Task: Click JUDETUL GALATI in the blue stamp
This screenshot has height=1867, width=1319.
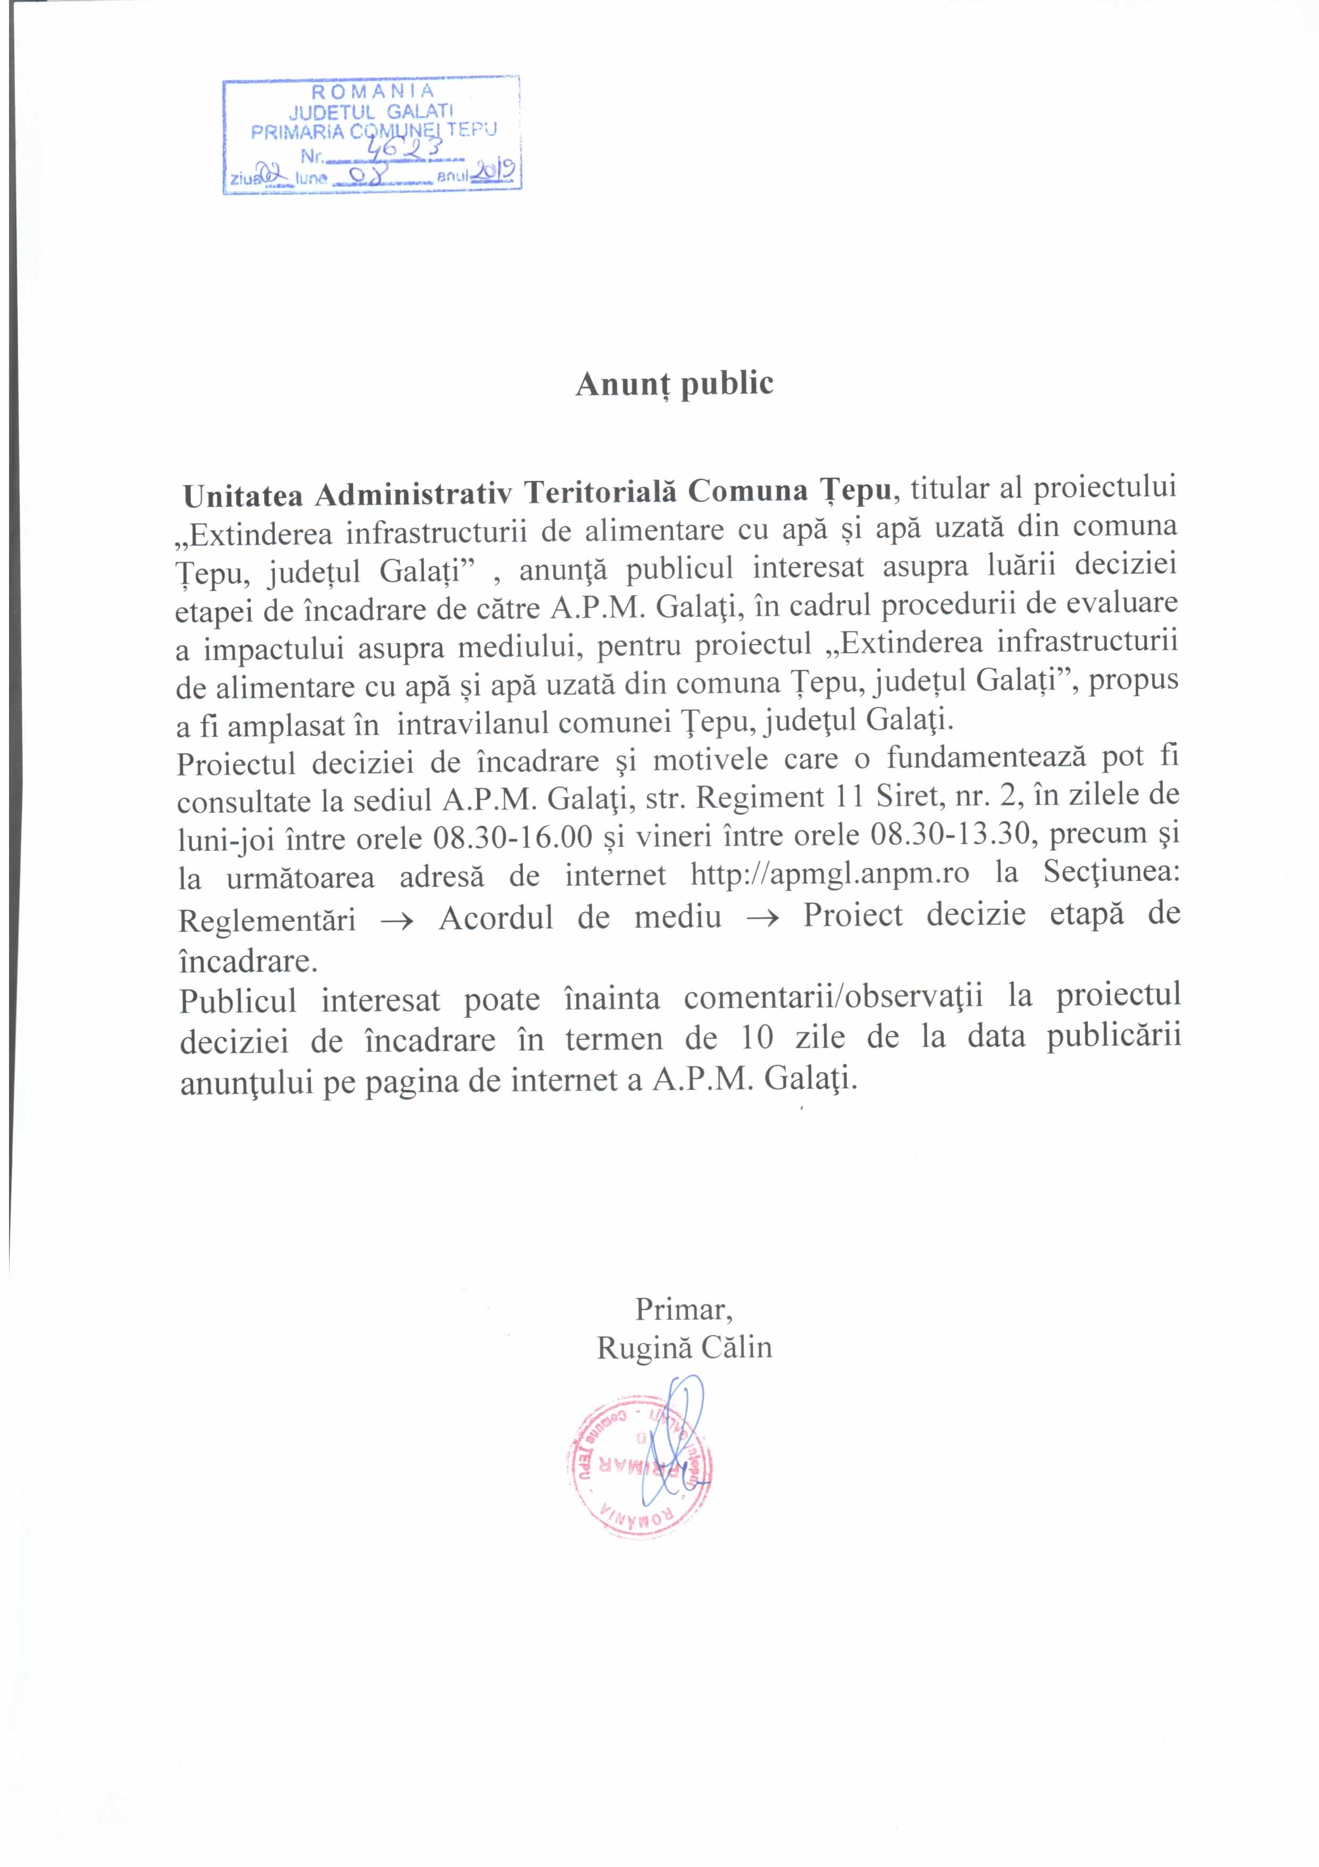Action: (372, 111)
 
